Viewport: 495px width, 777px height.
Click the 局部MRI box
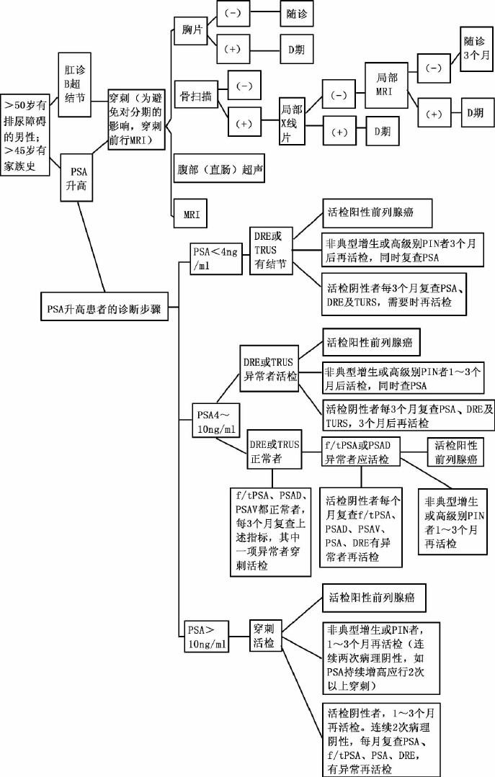[x=387, y=84]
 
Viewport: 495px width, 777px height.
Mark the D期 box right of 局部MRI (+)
[x=475, y=112]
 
